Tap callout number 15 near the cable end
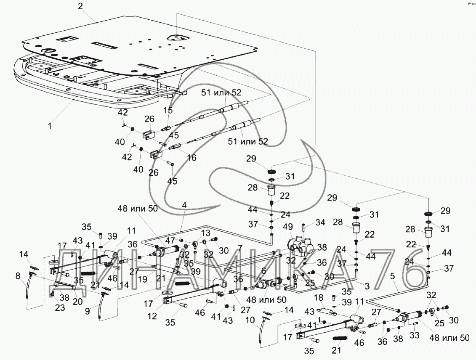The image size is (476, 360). [168, 111]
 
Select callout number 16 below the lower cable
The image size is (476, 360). [191, 158]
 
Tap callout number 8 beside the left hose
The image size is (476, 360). [17, 276]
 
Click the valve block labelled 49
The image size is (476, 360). [301, 245]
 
